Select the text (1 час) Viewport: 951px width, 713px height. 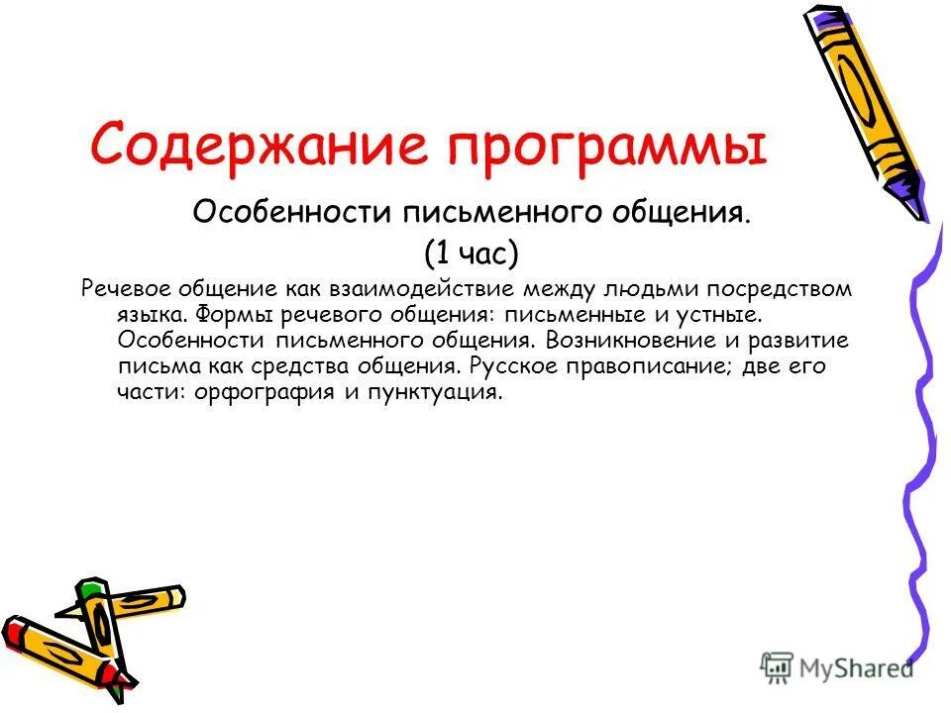pos(471,254)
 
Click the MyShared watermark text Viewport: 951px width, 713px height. pos(851,668)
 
